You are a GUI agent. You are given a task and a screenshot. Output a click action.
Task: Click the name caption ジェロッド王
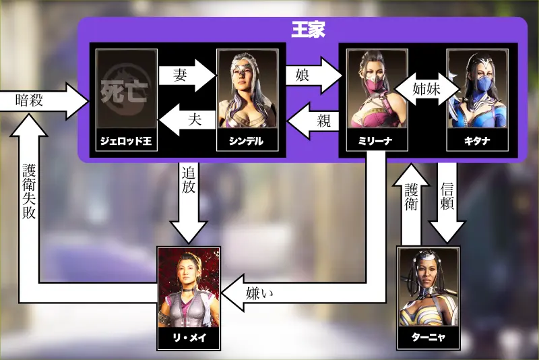click(127, 140)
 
